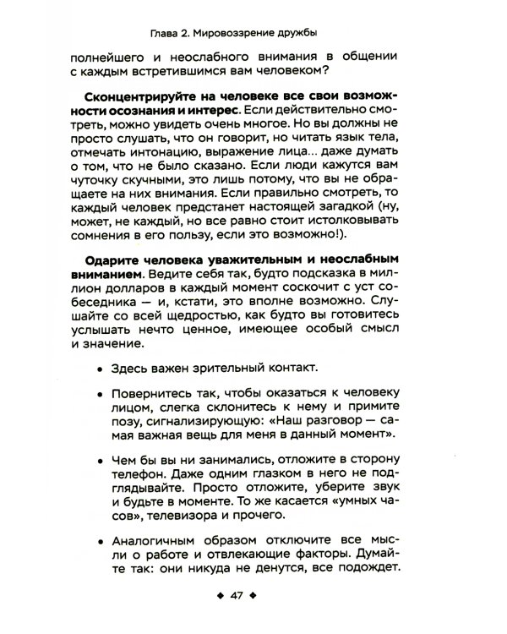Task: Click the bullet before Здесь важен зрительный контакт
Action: pyautogui.click(x=101, y=369)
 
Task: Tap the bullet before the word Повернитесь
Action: pyautogui.click(x=101, y=396)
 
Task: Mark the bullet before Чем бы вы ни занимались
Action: pyautogui.click(x=101, y=460)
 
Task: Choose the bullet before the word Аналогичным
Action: pyautogui.click(x=101, y=541)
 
